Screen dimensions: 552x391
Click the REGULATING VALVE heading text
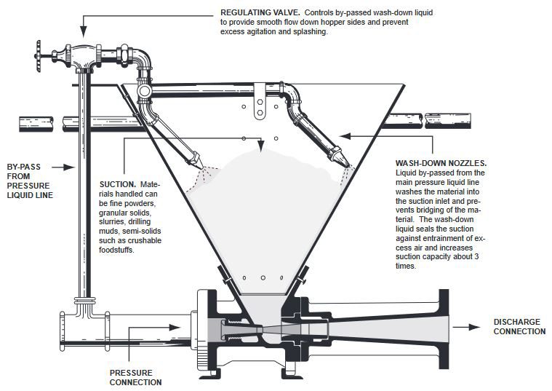tap(260, 12)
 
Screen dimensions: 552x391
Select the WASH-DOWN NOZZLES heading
tap(441, 163)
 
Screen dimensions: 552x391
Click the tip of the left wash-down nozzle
tap(202, 167)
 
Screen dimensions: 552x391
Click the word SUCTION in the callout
tap(118, 184)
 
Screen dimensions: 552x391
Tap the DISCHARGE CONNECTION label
tap(519, 326)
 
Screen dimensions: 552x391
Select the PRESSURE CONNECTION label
tap(135, 377)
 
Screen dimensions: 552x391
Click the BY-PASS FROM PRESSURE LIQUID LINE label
tap(30, 181)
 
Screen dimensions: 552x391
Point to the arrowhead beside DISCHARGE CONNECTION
tap(475, 327)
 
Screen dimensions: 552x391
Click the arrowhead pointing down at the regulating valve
tap(84, 32)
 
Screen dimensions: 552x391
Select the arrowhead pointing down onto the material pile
tap(260, 146)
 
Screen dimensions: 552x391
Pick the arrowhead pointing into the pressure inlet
tap(175, 327)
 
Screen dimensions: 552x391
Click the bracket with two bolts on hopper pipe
tap(260, 101)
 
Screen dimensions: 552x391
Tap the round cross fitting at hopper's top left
tap(144, 91)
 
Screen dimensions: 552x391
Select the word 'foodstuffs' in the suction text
tap(116, 250)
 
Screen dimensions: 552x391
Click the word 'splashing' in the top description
tap(312, 32)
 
